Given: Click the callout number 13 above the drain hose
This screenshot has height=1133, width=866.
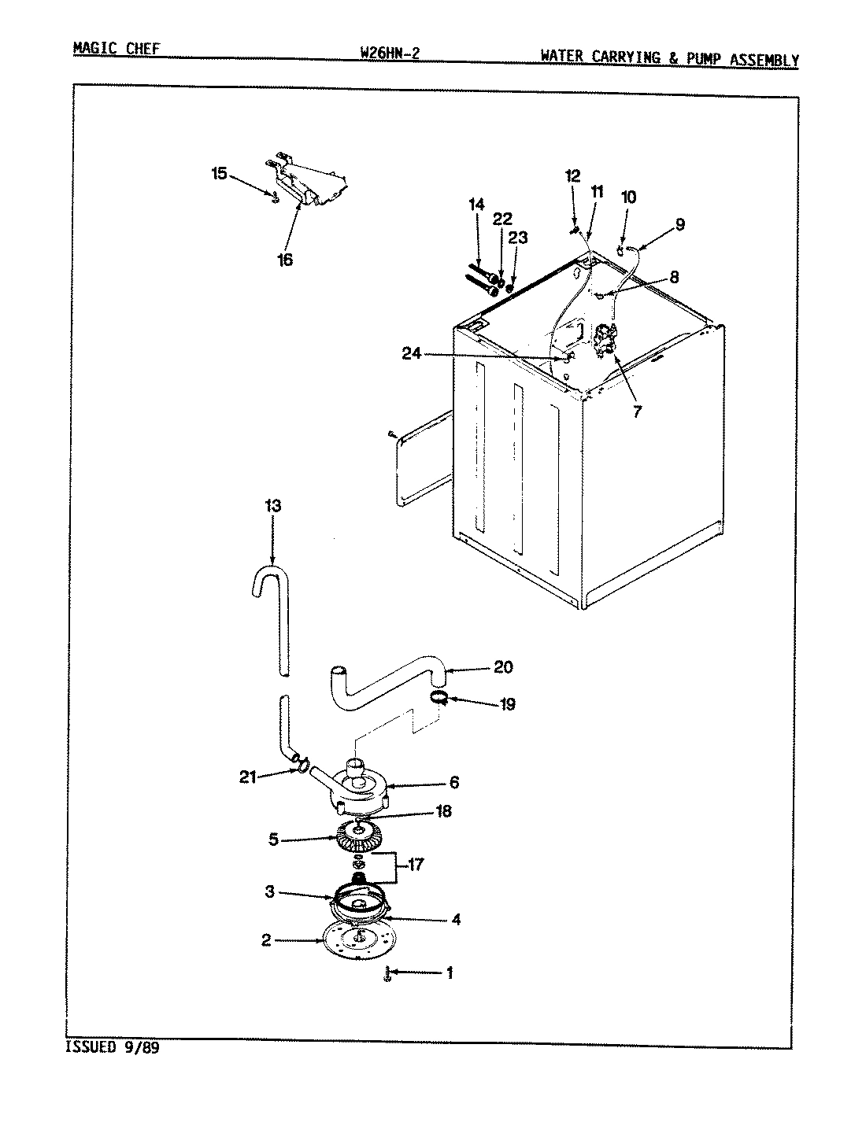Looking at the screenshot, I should pyautogui.click(x=272, y=506).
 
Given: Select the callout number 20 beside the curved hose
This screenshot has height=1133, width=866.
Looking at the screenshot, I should pyautogui.click(x=503, y=667).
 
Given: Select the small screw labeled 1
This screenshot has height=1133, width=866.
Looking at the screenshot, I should pyautogui.click(x=387, y=975).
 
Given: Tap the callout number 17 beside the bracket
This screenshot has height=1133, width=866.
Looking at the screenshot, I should pyautogui.click(x=416, y=865).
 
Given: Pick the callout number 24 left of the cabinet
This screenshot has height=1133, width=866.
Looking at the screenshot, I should pyautogui.click(x=412, y=353).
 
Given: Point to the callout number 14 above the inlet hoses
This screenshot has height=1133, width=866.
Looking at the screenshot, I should pyautogui.click(x=476, y=205).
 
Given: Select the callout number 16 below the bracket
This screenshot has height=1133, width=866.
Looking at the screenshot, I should pyautogui.click(x=285, y=260).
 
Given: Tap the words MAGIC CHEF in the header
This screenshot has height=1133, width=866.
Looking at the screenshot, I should pyautogui.click(x=116, y=49).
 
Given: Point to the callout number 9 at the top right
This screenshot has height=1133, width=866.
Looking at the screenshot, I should pyautogui.click(x=679, y=224).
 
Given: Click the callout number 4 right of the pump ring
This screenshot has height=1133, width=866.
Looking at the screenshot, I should pyautogui.click(x=456, y=919).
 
